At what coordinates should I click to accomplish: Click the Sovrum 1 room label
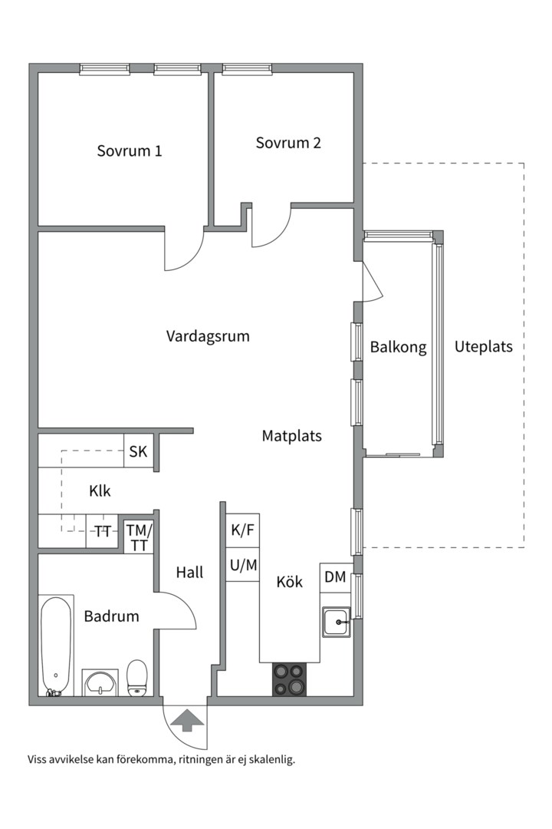[x=129, y=150]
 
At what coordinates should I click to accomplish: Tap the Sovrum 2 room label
[x=288, y=143]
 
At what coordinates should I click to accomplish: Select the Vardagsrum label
[x=208, y=336]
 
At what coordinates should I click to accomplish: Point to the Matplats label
[x=291, y=436]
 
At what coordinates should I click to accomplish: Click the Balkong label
[x=397, y=347]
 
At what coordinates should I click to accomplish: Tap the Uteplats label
[x=483, y=346]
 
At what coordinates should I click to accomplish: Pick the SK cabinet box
[x=138, y=451]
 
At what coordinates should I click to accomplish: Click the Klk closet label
[x=100, y=491]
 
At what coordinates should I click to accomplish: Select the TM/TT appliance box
[x=139, y=537]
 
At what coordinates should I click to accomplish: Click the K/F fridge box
[x=243, y=530]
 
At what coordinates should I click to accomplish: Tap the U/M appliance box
[x=243, y=565]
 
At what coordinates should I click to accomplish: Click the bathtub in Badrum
[x=56, y=645]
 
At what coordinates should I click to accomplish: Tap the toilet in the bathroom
[x=137, y=676]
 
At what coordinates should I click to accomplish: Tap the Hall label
[x=189, y=572]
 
